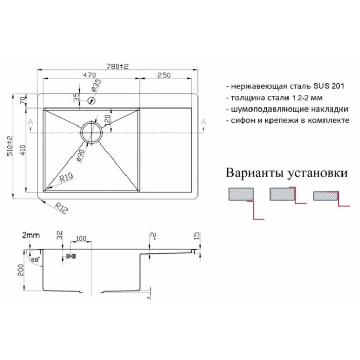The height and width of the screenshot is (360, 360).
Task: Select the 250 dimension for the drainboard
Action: [164, 75]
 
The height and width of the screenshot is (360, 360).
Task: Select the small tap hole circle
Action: [92, 101]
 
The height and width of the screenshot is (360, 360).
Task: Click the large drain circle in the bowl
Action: [92, 132]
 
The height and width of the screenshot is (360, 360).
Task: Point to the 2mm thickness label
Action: [31, 236]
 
